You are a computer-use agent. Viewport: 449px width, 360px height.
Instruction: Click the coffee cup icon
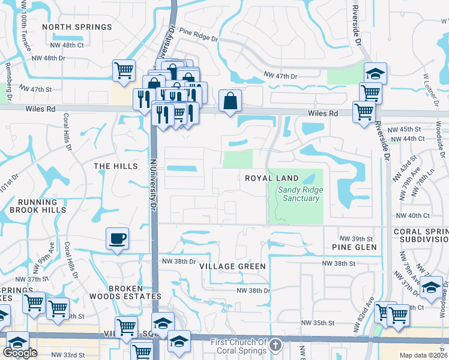(118, 238)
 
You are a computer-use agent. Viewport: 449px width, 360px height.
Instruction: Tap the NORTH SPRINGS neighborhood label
(77, 27)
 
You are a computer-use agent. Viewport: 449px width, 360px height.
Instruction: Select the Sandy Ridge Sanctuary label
(300, 194)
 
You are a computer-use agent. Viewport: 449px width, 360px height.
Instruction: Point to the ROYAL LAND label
(272, 178)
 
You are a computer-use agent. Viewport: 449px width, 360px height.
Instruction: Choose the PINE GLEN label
(354, 247)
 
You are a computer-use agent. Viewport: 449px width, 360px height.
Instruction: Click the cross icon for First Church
(275, 345)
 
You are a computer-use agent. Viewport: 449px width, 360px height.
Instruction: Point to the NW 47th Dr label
(281, 76)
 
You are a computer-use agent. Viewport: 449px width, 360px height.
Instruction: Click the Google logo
(20, 353)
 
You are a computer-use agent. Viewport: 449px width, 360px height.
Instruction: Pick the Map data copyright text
(424, 355)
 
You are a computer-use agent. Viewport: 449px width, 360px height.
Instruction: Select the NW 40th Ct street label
(412, 215)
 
